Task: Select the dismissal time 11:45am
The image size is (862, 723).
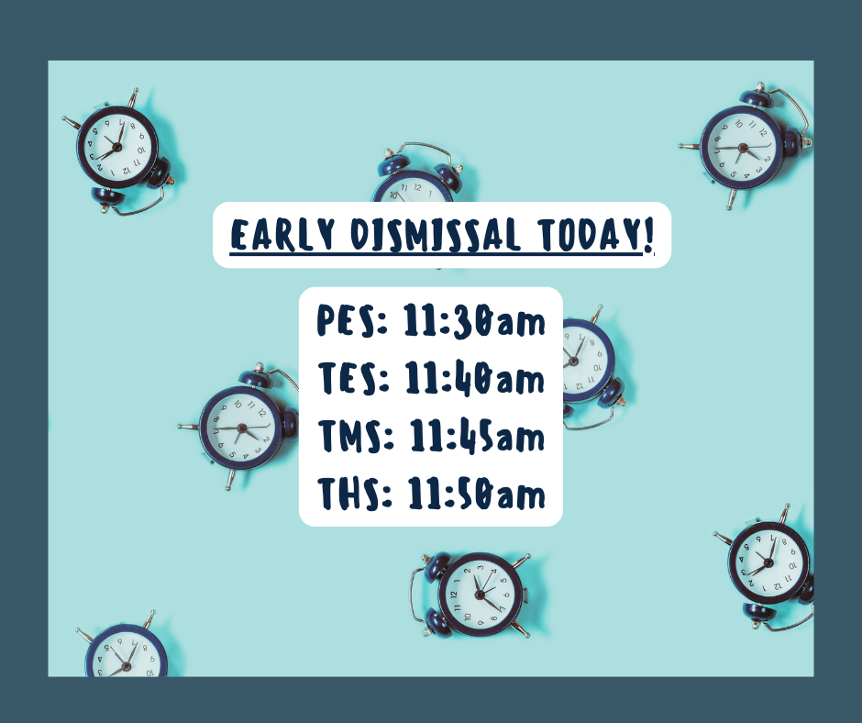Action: tap(477, 435)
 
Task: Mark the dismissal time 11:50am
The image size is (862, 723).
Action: tap(476, 493)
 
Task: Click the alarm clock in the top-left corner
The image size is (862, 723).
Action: tap(119, 150)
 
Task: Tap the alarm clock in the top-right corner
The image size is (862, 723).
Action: tap(745, 147)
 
